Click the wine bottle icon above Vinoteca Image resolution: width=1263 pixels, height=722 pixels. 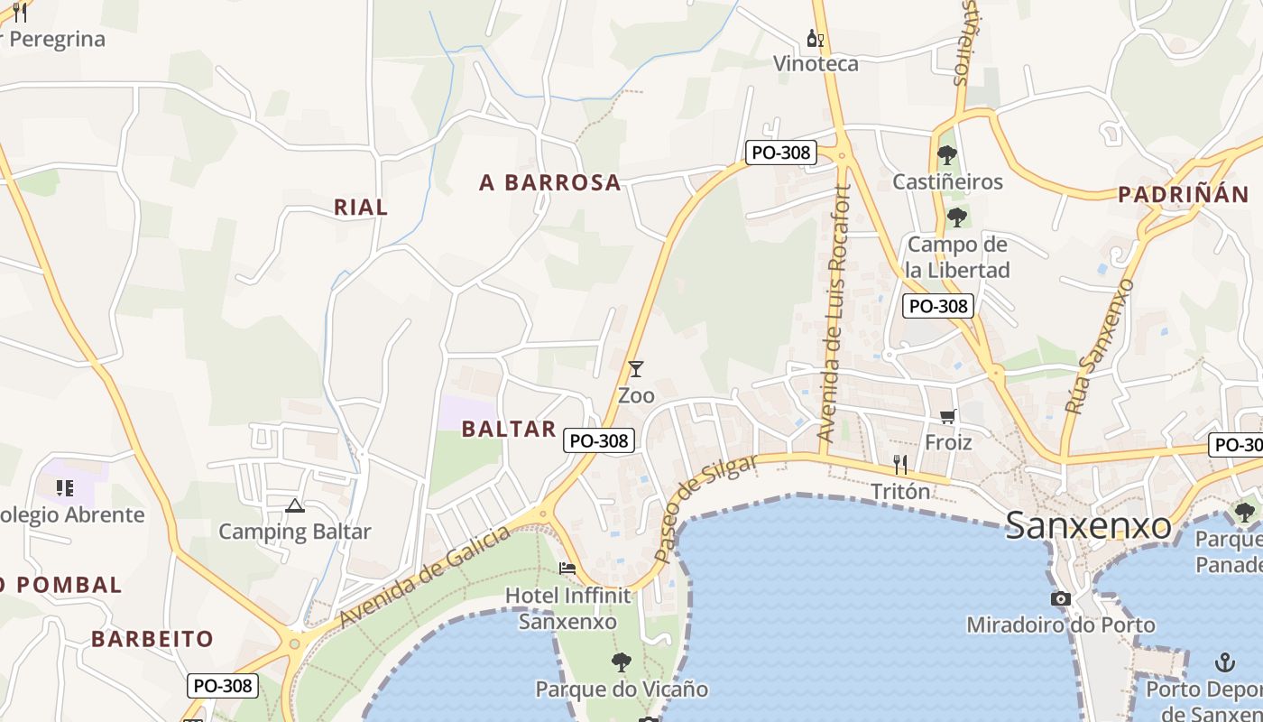coord(816,39)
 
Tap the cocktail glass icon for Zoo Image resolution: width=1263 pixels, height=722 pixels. coord(636,368)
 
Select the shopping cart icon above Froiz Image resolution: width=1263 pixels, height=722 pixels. coord(947,416)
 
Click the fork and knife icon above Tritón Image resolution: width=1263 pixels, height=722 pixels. coord(899,465)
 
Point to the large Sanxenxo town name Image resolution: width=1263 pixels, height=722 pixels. coord(1088,525)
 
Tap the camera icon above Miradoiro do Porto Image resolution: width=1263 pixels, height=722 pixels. coord(1061,598)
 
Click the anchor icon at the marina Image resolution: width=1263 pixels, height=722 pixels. coord(1224,663)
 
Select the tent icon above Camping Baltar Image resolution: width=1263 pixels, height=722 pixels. coord(294,505)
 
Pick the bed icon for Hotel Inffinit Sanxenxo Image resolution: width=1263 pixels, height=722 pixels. coord(567,569)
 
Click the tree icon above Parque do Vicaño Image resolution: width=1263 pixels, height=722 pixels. coord(621,662)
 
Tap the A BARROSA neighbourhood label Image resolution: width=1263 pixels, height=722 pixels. coord(550,182)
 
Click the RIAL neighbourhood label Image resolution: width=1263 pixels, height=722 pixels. coord(361,208)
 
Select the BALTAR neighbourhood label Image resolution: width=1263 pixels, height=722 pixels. coord(509,429)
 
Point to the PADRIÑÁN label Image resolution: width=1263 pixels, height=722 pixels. coord(1183,194)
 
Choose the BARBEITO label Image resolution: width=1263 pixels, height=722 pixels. coord(152,639)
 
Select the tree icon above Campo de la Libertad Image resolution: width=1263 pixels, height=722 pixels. coord(957,217)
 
